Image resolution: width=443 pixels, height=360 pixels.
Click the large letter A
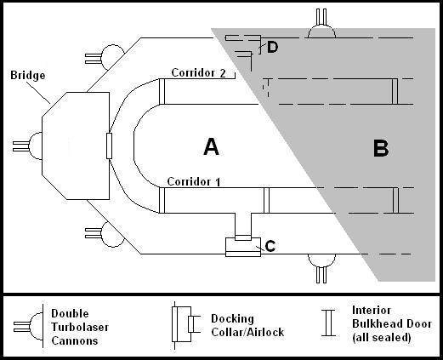pos(212,146)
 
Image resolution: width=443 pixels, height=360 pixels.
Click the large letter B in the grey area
pos(381,149)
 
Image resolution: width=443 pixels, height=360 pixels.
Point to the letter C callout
pos(270,246)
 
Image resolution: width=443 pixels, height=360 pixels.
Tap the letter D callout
pos(272,47)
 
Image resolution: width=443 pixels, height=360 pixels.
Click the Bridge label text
pos(28,75)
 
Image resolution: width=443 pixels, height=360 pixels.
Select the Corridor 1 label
pos(194,181)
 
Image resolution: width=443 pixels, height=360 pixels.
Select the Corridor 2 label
pos(199,73)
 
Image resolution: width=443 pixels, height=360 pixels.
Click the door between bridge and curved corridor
pos(109,146)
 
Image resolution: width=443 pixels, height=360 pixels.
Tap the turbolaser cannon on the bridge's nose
pos(27,146)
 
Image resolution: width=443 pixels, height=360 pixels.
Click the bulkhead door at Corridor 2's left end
pos(162,91)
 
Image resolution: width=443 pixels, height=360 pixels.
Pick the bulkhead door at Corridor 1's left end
pos(162,200)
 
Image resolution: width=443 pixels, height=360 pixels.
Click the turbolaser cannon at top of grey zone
pos(321,24)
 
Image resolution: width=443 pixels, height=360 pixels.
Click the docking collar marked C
pos(243,246)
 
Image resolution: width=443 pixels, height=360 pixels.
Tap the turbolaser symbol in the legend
pos(28,327)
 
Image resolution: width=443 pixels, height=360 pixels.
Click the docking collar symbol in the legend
pos(185,324)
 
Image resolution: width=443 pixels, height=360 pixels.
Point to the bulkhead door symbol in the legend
pos(328,323)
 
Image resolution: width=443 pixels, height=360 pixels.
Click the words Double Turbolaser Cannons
pos(80,327)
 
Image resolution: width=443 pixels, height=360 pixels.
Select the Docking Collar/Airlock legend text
pos(247,325)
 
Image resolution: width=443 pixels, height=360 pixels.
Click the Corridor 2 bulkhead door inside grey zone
pos(395,91)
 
